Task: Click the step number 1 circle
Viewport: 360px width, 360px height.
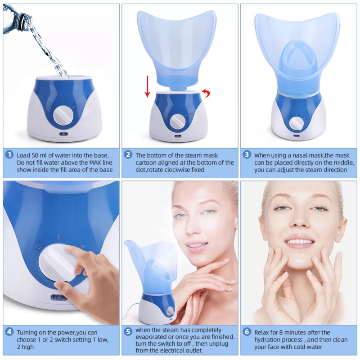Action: tap(9, 154)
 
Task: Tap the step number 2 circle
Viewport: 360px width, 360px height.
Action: tap(128, 154)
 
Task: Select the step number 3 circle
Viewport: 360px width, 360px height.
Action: tap(247, 154)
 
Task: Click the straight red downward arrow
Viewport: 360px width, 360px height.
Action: tap(147, 87)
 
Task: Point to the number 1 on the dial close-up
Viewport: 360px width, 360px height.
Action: tap(58, 237)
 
